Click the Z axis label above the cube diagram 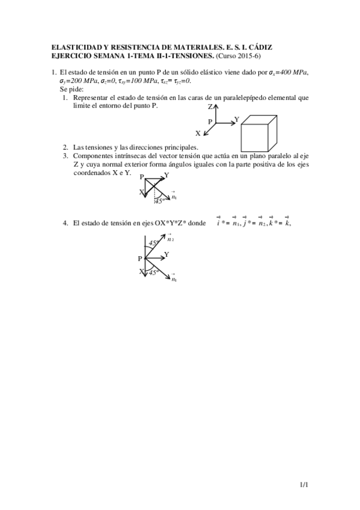[210, 106]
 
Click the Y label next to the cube [236, 120]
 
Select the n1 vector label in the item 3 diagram [174, 197]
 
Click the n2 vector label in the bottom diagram [171, 239]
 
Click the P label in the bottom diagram [140, 258]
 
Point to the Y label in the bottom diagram [166, 255]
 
